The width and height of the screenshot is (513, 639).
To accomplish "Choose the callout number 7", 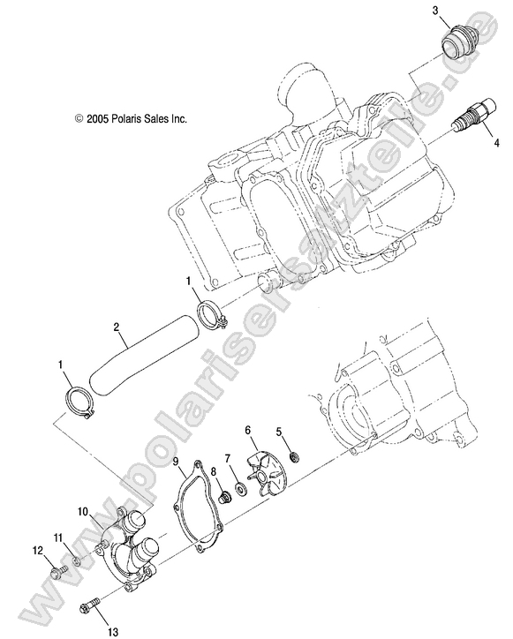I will point(227,457).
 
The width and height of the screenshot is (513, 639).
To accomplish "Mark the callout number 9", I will point(177,461).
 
